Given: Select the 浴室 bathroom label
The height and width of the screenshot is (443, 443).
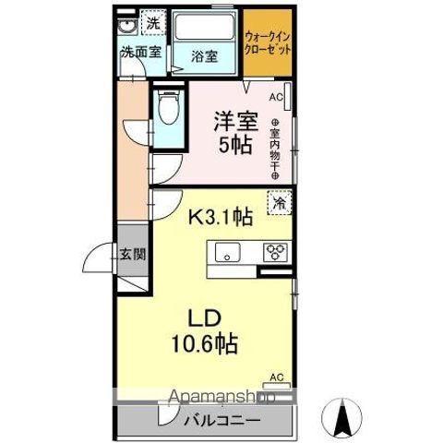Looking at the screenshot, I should coord(205,55).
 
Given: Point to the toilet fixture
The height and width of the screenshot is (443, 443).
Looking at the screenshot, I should coord(168,113).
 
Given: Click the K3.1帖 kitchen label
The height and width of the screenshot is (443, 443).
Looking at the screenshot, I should coord(222,218).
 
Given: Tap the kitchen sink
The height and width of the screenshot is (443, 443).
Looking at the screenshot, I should coord(226,252).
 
